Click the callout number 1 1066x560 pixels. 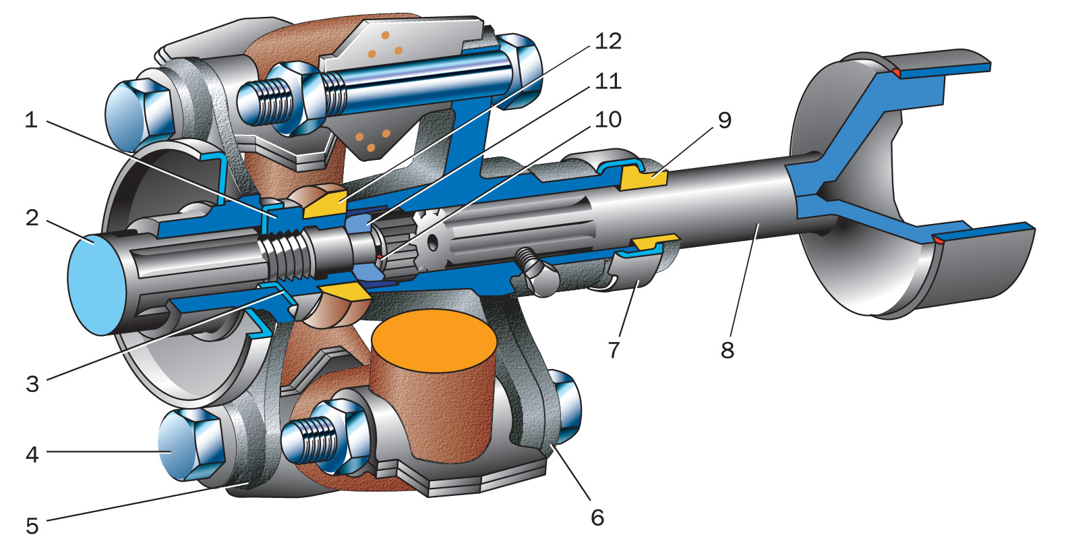(30, 121)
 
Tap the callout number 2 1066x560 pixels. (32, 218)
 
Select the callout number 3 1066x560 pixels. (32, 384)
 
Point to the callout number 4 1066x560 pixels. (32, 455)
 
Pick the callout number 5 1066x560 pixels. (32, 526)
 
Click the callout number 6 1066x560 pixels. (597, 517)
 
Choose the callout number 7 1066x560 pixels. (613, 349)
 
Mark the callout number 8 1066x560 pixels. (727, 349)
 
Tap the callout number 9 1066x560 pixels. (724, 120)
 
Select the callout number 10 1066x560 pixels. (608, 119)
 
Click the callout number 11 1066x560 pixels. (608, 81)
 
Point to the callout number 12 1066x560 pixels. (608, 42)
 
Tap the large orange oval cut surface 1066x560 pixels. (434, 341)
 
